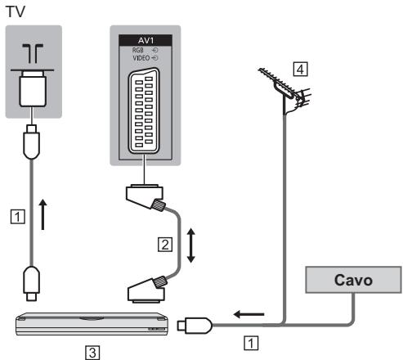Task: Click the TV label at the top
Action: point(16,11)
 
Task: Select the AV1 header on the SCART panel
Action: point(146,40)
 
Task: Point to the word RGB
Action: point(138,50)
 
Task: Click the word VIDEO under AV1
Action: point(141,58)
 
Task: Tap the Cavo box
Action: point(353,280)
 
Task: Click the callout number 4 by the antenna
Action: point(300,70)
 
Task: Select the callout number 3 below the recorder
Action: point(92,353)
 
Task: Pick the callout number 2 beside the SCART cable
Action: point(165,245)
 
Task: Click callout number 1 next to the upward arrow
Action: point(18,217)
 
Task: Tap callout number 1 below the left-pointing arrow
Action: point(251,343)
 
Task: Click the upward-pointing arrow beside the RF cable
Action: point(43,214)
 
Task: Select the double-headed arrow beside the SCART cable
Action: point(191,245)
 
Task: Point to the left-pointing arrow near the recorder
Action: point(249,314)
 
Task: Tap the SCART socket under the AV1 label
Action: point(144,110)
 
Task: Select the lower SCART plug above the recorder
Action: point(147,290)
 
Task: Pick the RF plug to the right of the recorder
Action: point(195,325)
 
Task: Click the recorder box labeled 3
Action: point(92,324)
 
